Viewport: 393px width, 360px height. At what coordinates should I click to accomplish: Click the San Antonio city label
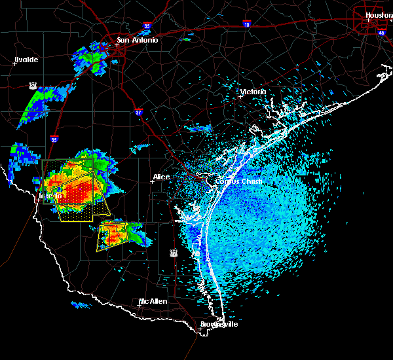click(138, 41)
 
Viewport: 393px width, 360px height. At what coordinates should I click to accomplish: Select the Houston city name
click(379, 15)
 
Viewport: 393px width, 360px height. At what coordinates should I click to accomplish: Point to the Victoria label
click(253, 92)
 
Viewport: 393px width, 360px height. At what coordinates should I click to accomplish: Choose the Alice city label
click(161, 177)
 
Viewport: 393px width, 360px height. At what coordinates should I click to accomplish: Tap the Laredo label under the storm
click(50, 196)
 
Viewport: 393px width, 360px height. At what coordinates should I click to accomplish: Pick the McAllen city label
click(153, 302)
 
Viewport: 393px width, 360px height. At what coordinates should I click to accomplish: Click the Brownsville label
click(219, 325)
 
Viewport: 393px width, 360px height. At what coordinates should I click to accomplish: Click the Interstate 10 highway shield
click(247, 25)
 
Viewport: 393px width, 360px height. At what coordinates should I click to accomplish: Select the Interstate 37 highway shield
click(139, 112)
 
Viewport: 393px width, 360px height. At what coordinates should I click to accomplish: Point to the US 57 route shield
click(33, 86)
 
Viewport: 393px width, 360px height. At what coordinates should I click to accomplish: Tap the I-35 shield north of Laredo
click(54, 139)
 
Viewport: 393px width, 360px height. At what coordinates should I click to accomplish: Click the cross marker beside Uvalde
click(15, 63)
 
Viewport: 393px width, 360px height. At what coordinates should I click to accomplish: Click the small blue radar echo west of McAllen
click(81, 304)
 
